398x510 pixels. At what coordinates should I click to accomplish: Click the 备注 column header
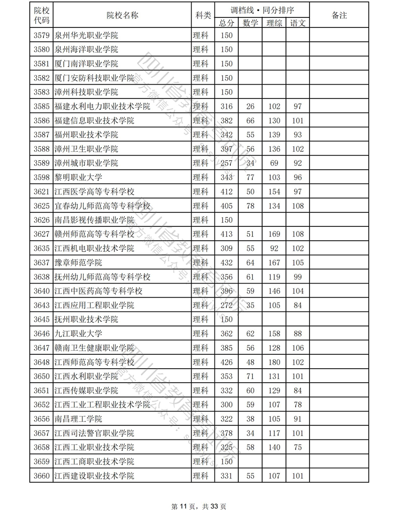(339, 15)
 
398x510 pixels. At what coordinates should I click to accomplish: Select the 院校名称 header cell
(122, 15)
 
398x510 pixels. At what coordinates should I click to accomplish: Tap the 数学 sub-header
(250, 23)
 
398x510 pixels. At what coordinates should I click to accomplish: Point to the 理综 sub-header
(274, 23)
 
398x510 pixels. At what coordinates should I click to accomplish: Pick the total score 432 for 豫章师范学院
(226, 263)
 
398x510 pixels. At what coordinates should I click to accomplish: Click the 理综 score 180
(274, 362)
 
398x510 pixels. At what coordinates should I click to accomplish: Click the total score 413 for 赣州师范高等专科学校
(226, 234)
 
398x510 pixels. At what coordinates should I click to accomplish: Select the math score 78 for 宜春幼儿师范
(250, 206)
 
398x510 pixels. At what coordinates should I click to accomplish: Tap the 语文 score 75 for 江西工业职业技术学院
(298, 448)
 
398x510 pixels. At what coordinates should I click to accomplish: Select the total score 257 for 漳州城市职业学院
(226, 163)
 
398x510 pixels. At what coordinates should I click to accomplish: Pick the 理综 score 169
(274, 234)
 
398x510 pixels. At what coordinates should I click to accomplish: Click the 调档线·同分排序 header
(262, 9)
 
